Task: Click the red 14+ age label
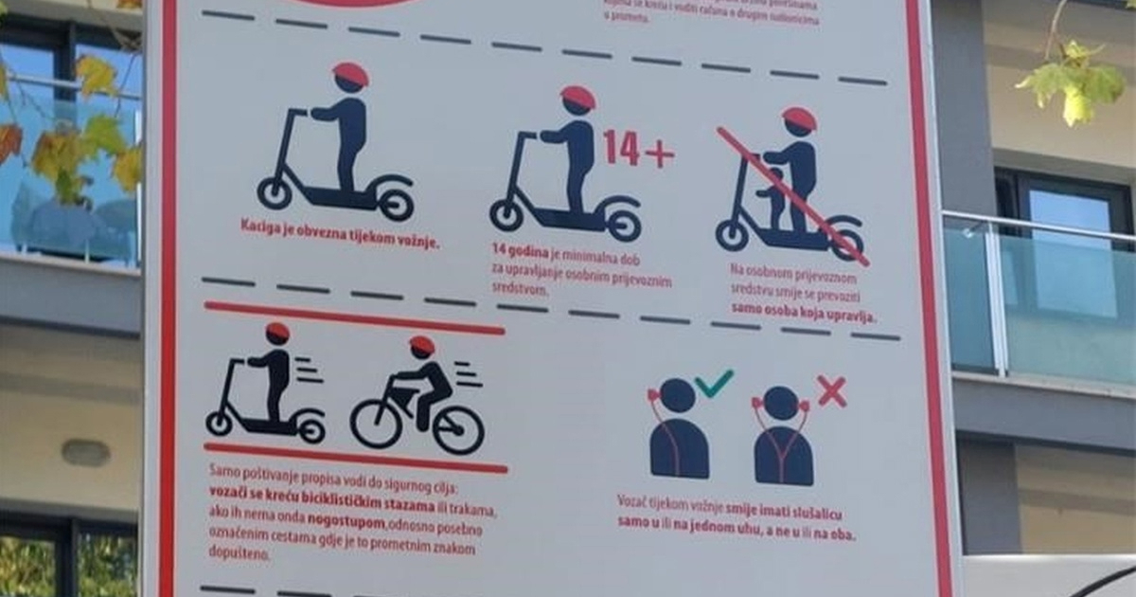click(x=638, y=149)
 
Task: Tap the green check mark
click(x=714, y=384)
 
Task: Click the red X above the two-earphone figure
click(x=831, y=390)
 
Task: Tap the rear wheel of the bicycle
click(x=376, y=423)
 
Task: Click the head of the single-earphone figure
click(x=678, y=395)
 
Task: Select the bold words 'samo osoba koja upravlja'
click(x=803, y=317)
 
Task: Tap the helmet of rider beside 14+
click(x=577, y=97)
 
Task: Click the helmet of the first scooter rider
click(x=350, y=73)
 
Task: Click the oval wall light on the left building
click(x=85, y=453)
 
